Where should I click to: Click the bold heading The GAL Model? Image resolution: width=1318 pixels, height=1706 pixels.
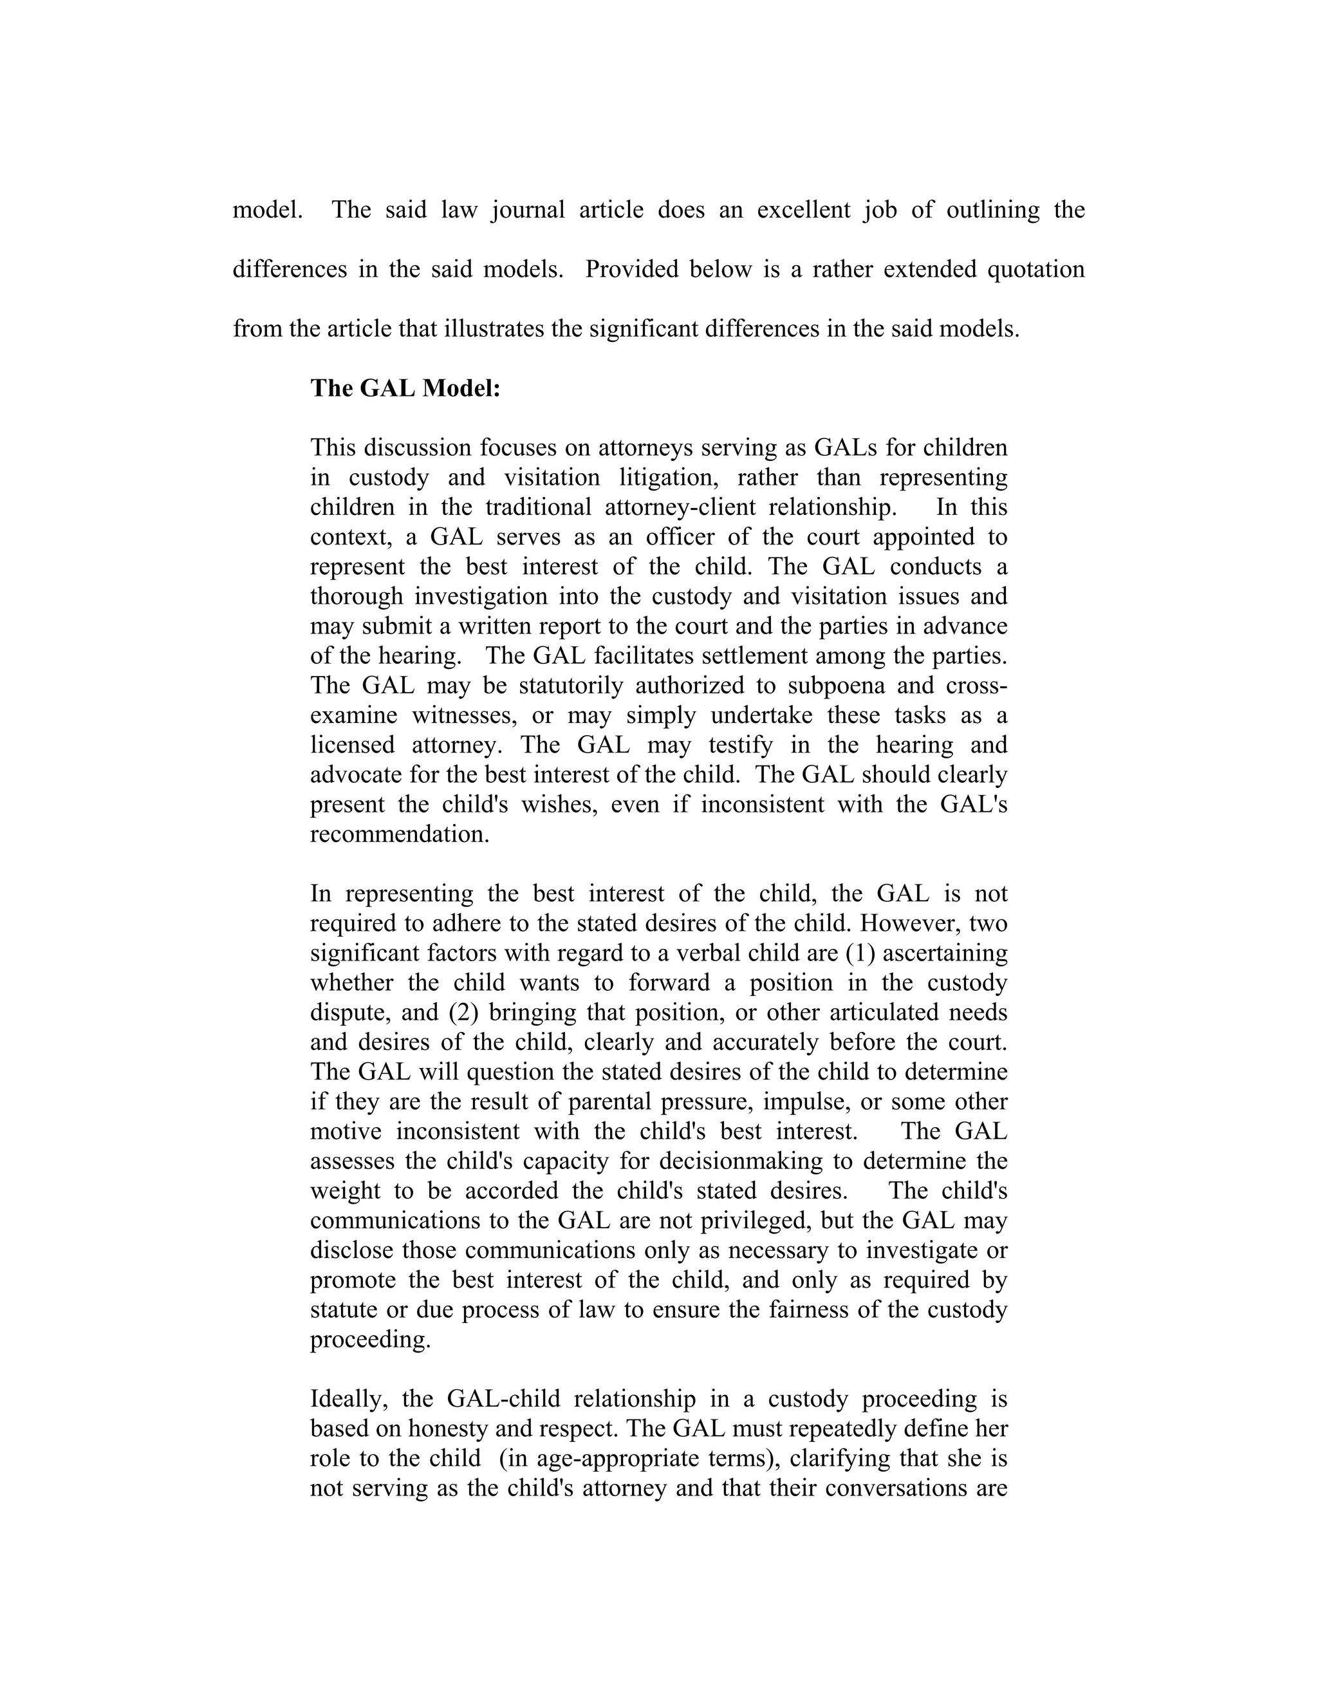(405, 388)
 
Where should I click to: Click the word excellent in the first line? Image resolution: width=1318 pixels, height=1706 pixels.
(803, 210)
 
